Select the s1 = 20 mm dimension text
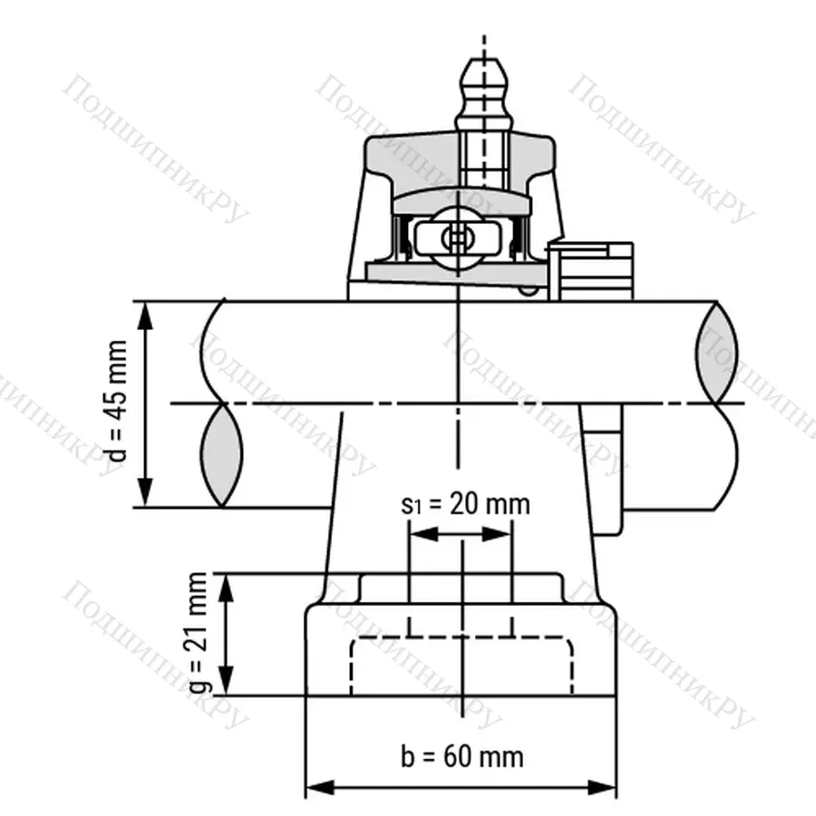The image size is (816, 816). tap(464, 504)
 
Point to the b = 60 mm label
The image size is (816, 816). tap(461, 755)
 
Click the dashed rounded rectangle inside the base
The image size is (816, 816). tap(461, 666)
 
